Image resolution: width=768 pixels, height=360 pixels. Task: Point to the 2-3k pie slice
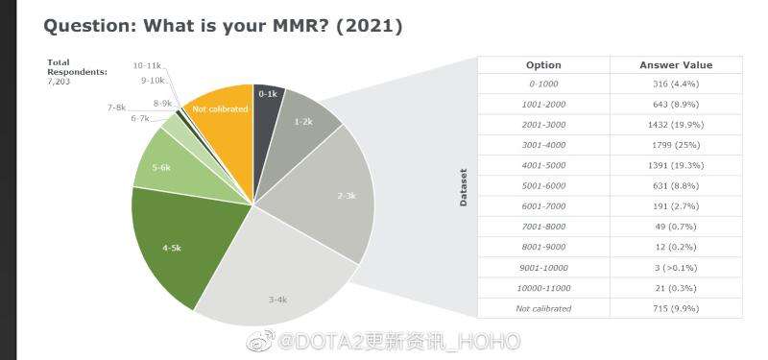(x=333, y=196)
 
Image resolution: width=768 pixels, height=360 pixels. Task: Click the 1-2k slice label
(x=303, y=122)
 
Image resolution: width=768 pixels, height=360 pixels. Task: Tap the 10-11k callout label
(x=147, y=66)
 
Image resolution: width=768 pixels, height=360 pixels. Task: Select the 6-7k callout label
(x=140, y=118)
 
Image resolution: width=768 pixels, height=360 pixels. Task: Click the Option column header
(x=543, y=65)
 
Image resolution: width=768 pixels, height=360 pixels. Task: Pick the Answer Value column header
(x=676, y=65)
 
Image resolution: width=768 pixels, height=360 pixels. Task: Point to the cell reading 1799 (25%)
(x=676, y=145)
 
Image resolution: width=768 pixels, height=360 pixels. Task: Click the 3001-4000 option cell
(x=543, y=145)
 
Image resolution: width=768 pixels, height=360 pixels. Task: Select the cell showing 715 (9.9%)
(x=676, y=308)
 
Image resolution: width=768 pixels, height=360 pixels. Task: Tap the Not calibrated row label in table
(x=543, y=308)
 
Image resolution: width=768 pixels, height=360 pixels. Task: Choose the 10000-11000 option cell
(x=543, y=288)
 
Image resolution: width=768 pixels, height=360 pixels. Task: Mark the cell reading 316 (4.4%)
(x=676, y=84)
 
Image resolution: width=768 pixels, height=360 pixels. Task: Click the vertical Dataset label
(x=464, y=187)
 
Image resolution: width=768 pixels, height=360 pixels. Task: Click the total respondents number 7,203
(x=59, y=82)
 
